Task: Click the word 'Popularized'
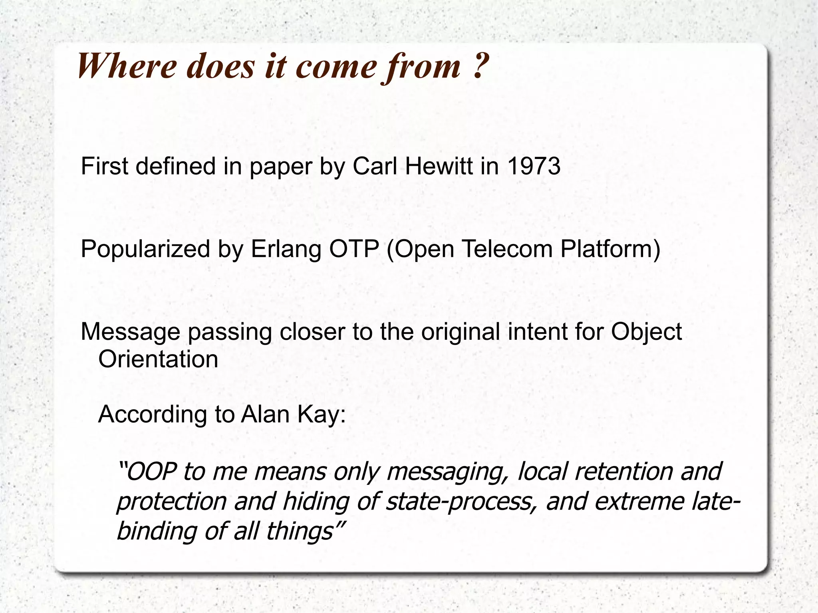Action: click(x=145, y=249)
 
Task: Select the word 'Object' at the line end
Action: click(x=646, y=331)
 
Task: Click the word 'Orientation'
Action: click(x=158, y=359)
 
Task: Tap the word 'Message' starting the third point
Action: click(x=130, y=331)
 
